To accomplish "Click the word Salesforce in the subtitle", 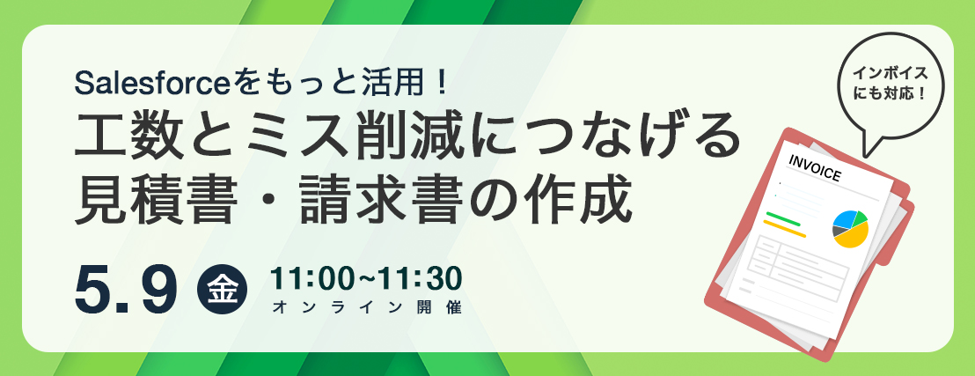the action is point(151,84).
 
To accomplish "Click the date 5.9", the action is point(125,290).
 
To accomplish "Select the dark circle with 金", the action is point(222,291).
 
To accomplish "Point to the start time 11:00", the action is point(308,279).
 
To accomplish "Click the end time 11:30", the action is point(423,279).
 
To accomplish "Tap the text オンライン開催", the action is point(368,307).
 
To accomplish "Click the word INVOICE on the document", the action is point(814,166).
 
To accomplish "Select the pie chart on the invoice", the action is point(850,228).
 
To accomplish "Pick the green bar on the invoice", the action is point(783,219).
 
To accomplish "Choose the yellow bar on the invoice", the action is point(784,228).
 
